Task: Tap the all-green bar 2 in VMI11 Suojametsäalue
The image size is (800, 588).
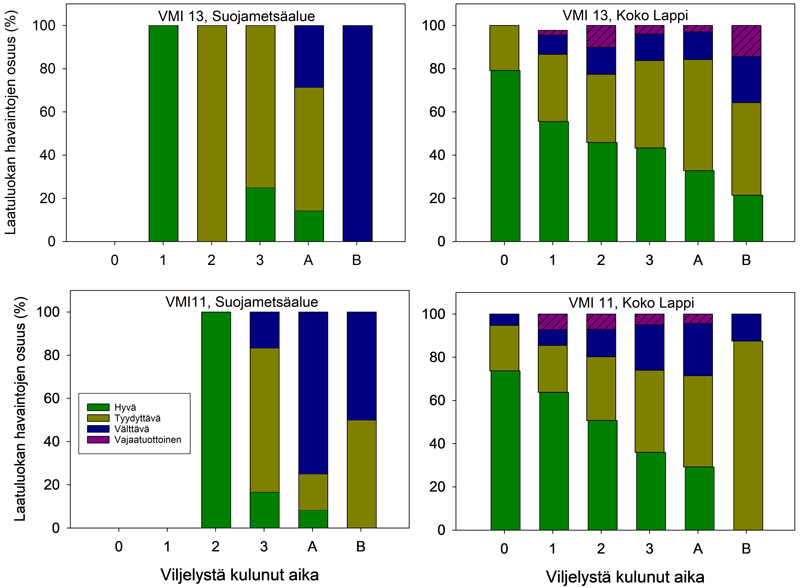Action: pyautogui.click(x=217, y=420)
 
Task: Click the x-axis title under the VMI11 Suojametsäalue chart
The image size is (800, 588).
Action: pyautogui.click(x=238, y=575)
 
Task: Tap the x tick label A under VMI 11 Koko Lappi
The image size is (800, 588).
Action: pyautogui.click(x=698, y=546)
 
